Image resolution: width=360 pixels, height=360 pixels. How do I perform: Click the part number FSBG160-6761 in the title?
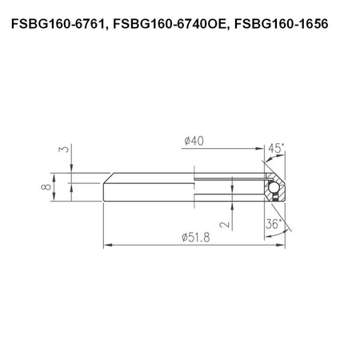(x=57, y=24)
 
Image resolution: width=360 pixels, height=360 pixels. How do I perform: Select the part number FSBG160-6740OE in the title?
(x=170, y=24)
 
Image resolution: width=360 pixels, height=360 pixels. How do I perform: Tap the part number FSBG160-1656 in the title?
(x=282, y=24)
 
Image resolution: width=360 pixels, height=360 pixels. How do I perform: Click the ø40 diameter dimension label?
(x=194, y=141)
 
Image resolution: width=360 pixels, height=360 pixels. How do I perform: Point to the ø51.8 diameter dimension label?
(x=196, y=237)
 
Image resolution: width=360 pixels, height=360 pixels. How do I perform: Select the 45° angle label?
(x=276, y=148)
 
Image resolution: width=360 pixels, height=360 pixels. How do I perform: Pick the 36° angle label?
(x=274, y=224)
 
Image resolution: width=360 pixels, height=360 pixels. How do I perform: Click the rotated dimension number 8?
(x=46, y=186)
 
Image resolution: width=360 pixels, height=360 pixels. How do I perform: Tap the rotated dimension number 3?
(x=64, y=149)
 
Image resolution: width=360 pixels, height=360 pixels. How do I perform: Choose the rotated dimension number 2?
(x=225, y=225)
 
